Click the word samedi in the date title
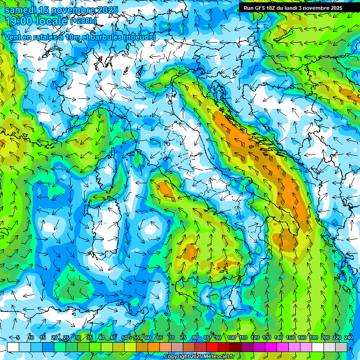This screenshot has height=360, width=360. [20, 9]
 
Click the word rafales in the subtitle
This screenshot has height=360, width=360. [45, 37]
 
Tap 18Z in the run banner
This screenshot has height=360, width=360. [274, 8]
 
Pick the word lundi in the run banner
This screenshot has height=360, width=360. [297, 8]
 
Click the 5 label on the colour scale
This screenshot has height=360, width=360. [18, 338]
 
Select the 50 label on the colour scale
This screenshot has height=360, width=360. [125, 338]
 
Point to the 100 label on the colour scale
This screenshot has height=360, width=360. [231, 338]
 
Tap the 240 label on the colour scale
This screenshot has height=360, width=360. [349, 338]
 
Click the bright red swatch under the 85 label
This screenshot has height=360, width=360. [212, 347]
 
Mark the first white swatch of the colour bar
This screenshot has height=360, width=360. [13, 347]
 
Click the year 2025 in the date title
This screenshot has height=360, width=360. [107, 9]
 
